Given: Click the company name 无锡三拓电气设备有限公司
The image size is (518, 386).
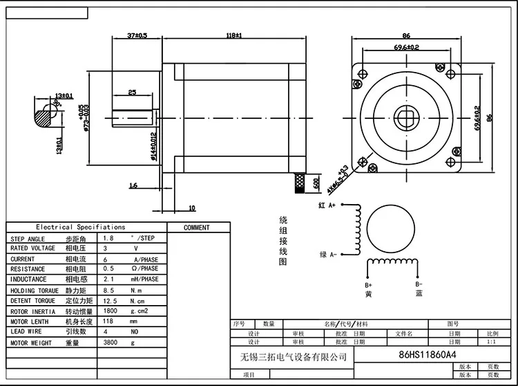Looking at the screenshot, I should point(289,357).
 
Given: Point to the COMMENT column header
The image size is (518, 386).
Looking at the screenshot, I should point(196,228).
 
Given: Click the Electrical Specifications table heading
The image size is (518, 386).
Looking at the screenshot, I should point(81,227).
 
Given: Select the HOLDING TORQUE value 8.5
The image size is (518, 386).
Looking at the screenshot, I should point(108,290).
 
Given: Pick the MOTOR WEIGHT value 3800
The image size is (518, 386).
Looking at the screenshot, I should point(110,342).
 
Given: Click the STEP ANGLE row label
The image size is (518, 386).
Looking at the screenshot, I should point(27,238).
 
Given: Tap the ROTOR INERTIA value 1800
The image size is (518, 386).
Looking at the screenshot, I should point(110,311).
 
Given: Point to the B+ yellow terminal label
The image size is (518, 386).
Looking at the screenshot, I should point(368,289).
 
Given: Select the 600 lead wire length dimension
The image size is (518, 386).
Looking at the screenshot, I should point(316,184).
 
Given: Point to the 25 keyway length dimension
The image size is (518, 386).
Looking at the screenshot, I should point(131,91).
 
